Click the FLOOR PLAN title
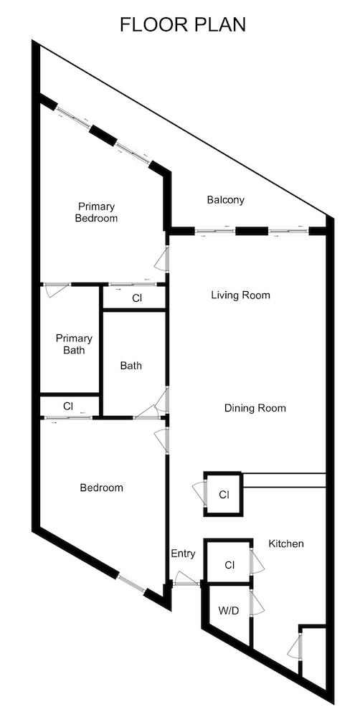183,24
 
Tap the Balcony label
225,200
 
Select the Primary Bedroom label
96,212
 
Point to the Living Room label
241,295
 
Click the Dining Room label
255,408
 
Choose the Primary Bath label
74,344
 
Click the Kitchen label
286,543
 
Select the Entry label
183,554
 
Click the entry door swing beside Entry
186,578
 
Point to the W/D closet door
257,603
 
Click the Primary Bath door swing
56,290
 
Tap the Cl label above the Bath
137,298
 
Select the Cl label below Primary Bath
68,406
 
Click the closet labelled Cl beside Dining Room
223,494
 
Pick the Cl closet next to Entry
228,561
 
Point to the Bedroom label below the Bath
102,488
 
